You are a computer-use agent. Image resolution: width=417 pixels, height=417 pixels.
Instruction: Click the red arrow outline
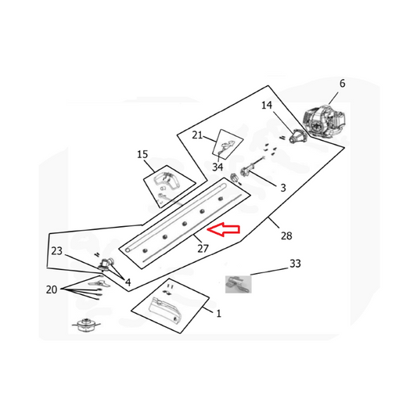click(x=224, y=229)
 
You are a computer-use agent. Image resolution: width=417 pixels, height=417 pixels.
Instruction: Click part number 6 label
click(x=342, y=84)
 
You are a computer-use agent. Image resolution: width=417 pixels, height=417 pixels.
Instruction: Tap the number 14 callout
click(x=267, y=106)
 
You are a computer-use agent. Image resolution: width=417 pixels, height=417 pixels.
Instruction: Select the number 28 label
click(x=286, y=235)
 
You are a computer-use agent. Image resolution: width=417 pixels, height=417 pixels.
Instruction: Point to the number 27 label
click(x=203, y=248)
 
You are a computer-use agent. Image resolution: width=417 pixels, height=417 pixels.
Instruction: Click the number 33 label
click(x=295, y=264)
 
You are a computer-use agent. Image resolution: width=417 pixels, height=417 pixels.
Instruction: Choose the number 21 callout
click(x=197, y=135)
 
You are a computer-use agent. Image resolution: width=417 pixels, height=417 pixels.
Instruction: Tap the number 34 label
click(x=217, y=167)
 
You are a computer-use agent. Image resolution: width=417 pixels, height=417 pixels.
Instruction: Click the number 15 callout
click(x=142, y=154)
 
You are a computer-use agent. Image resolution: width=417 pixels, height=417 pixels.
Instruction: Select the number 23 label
click(x=56, y=251)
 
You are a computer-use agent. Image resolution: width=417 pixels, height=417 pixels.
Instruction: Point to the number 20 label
click(x=52, y=289)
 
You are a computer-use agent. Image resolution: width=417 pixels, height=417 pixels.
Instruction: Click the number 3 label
click(x=283, y=188)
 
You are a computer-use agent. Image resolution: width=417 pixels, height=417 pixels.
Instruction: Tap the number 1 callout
click(x=218, y=314)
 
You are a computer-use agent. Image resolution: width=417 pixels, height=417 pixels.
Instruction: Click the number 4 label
click(x=128, y=282)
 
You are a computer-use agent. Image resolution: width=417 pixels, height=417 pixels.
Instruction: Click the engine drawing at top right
click(x=325, y=121)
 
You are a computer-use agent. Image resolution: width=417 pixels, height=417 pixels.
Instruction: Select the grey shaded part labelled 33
click(x=239, y=284)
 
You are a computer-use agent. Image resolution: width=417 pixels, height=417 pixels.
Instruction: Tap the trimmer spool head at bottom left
click(x=86, y=325)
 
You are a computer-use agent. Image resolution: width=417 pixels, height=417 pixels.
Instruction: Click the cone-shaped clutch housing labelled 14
click(x=297, y=135)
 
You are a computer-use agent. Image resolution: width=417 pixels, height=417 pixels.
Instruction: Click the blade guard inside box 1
click(x=165, y=310)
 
